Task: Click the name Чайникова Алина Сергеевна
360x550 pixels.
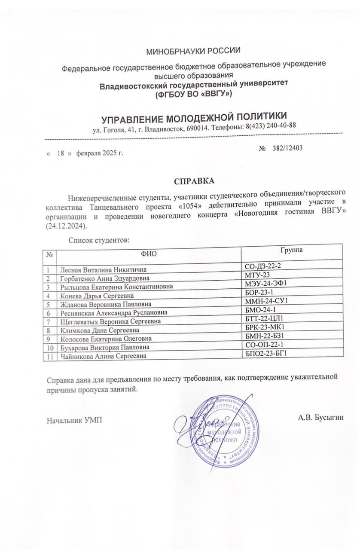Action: (x=103, y=356)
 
